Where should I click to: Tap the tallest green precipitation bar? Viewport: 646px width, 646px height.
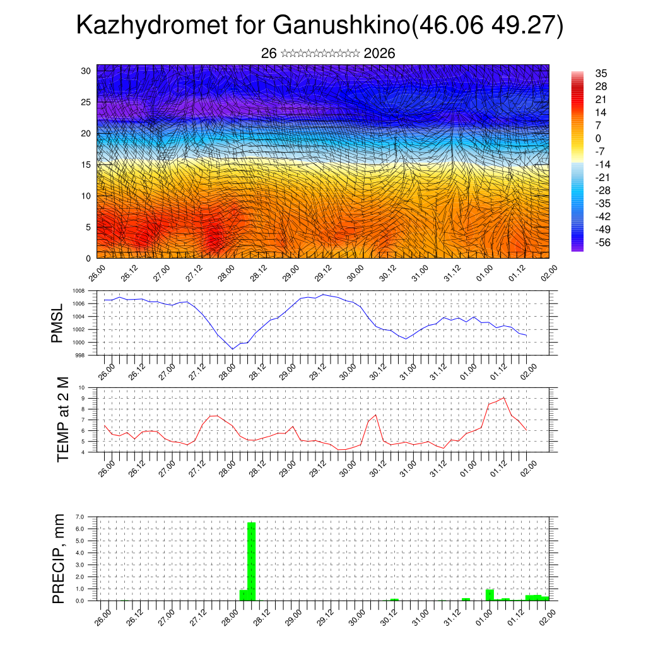click(251, 561)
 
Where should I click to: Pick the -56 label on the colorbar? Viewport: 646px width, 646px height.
click(602, 242)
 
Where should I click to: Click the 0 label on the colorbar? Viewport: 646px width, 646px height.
click(598, 138)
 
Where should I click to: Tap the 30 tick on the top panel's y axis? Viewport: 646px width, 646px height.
click(86, 71)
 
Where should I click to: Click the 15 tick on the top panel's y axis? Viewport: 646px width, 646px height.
click(86, 165)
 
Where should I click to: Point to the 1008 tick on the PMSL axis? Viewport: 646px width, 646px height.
click(78, 291)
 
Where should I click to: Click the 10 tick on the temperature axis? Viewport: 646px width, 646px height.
click(81, 387)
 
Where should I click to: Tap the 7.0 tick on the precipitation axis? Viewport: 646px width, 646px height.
click(79, 517)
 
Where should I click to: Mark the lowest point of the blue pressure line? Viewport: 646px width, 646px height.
click(233, 349)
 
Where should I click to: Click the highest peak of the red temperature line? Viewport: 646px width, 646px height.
click(503, 397)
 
